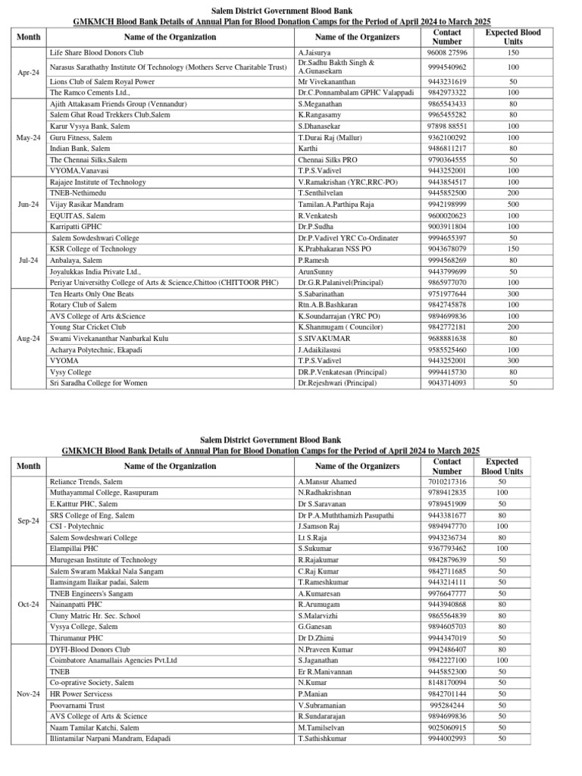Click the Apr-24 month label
(x=28, y=73)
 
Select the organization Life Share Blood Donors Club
(x=96, y=53)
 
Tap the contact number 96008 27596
(x=446, y=53)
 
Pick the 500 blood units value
(x=513, y=205)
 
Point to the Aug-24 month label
(x=28, y=338)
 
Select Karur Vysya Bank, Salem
(x=88, y=126)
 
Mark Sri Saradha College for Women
(x=99, y=383)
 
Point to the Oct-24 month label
(x=28, y=605)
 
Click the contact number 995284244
(x=446, y=706)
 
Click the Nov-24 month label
(x=28, y=694)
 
